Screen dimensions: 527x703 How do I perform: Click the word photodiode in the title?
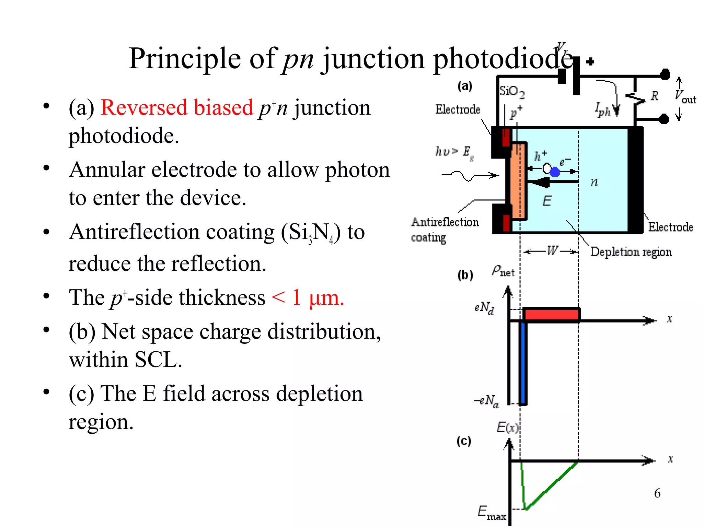(503, 59)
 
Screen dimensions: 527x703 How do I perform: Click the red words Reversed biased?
(177, 108)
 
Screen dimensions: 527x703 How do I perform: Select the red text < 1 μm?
(308, 297)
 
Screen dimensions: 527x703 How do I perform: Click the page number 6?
(657, 493)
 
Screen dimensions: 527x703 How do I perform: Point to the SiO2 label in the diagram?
(511, 92)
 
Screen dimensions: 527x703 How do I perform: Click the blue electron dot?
(555, 172)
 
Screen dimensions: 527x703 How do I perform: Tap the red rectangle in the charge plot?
(551, 315)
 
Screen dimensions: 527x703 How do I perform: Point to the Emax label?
(492, 513)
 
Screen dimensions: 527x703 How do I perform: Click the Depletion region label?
(631, 252)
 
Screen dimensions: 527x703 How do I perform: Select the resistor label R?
(654, 96)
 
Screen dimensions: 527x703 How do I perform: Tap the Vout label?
(685, 97)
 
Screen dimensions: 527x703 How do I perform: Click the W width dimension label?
(552, 251)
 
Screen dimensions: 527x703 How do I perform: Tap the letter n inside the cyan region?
(595, 183)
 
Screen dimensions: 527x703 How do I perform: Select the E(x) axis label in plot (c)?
(507, 428)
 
